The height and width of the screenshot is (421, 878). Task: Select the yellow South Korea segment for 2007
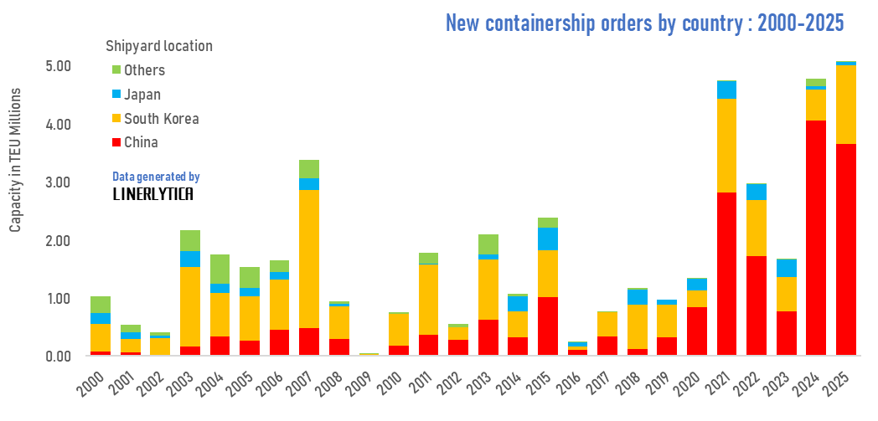point(309,259)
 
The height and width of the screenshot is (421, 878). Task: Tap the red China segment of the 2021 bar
point(726,275)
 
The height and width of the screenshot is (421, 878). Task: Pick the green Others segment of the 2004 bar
point(219,269)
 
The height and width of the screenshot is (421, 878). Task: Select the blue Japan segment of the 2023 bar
point(786,268)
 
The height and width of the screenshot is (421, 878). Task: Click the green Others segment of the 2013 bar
point(488,244)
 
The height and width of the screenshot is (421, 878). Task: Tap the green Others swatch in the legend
point(116,70)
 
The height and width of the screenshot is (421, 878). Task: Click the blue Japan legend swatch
point(116,95)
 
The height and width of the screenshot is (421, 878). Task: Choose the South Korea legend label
point(161,119)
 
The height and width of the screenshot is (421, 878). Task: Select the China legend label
point(141,143)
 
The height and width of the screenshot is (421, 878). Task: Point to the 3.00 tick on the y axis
point(57,182)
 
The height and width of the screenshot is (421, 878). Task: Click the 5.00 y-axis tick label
point(57,66)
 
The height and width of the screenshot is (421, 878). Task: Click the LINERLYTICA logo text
point(152,194)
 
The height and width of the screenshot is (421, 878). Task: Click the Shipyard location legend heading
point(158,46)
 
